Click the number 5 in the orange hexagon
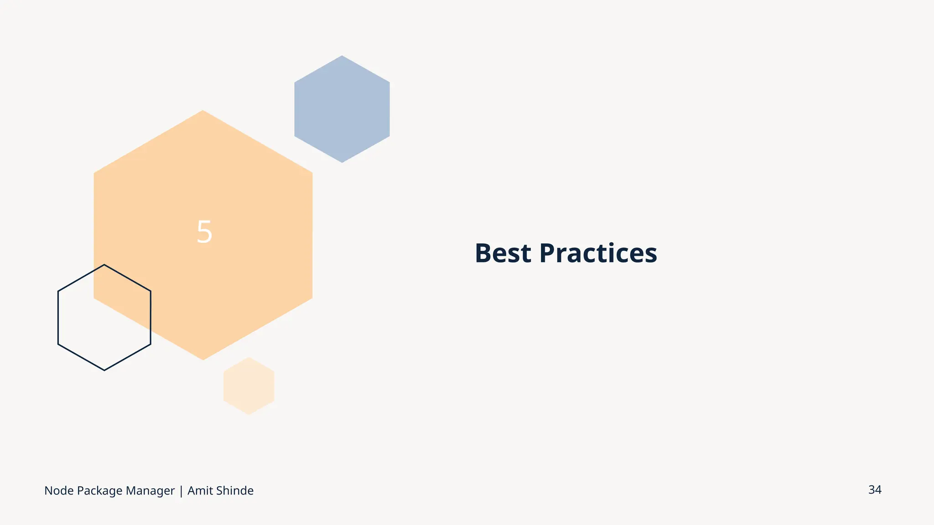204,232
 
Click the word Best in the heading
503,253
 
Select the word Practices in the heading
598,253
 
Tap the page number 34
874,490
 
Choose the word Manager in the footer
150,491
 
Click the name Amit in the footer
200,491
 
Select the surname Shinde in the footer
234,491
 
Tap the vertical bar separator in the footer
181,491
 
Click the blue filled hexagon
342,109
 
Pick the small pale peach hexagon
249,386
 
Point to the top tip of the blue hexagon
342,57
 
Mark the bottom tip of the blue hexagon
342,162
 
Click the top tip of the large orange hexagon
203,111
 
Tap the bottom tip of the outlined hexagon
104,370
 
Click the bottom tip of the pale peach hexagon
249,414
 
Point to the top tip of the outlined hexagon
104,265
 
